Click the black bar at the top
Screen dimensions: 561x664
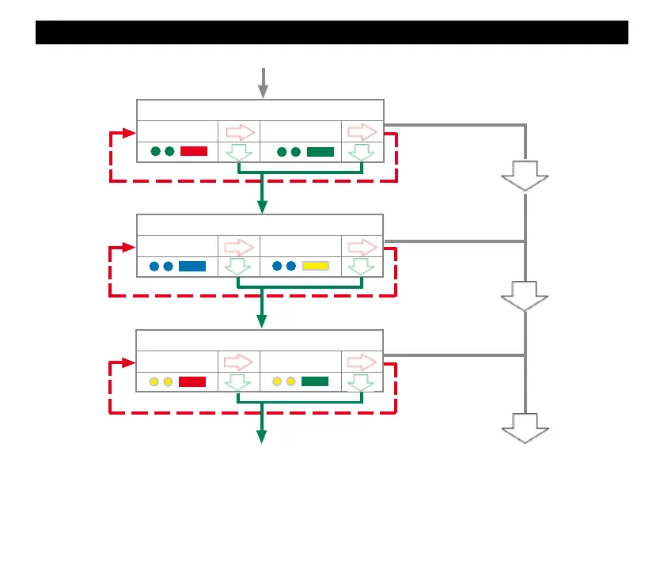click(332, 32)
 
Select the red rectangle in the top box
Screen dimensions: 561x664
click(194, 151)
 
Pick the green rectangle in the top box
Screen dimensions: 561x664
click(321, 151)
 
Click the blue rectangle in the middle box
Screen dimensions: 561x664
click(192, 266)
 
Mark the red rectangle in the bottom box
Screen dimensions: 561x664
click(192, 381)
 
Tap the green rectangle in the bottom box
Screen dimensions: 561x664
click(315, 381)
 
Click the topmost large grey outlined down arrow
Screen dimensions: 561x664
click(525, 175)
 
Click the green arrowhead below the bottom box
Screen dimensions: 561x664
click(261, 437)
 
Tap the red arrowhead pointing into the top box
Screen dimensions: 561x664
click(130, 131)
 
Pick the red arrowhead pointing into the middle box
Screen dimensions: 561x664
click(130, 247)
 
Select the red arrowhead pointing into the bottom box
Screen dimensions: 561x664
click(130, 363)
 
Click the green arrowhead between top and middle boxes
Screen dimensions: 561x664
click(262, 207)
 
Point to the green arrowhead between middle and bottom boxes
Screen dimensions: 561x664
click(262, 321)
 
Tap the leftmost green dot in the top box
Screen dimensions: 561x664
click(155, 151)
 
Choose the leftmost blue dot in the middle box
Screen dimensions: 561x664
click(154, 266)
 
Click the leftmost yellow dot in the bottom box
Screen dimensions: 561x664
click(154, 381)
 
